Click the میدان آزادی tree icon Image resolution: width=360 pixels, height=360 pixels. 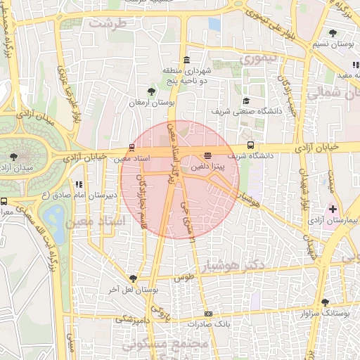[x=13, y=156]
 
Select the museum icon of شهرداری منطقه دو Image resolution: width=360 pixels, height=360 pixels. [x=186, y=60]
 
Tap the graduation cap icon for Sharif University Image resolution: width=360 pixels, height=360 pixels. [x=245, y=101]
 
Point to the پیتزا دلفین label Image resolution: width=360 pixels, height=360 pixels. [x=208, y=167]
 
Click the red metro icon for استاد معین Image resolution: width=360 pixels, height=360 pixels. [x=131, y=147]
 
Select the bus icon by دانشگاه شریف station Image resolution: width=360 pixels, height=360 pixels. [x=251, y=146]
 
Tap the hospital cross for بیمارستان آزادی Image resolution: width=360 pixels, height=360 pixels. [x=333, y=209]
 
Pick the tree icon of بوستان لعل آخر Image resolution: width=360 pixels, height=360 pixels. [x=132, y=279]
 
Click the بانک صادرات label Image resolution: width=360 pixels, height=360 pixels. [x=209, y=324]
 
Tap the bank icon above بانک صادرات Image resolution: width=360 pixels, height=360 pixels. [x=208, y=314]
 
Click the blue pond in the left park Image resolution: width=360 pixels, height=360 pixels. [x=51, y=214]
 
